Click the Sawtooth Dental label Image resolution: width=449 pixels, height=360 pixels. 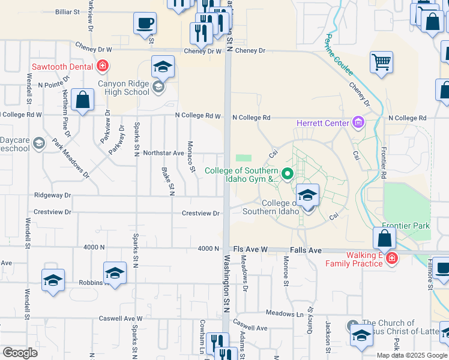(62, 66)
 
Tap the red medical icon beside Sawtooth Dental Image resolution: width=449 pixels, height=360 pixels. (103, 66)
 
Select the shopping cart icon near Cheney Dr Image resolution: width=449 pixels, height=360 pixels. (382, 62)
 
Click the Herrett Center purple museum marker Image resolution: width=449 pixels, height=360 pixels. (358, 124)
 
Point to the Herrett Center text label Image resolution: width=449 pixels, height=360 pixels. (322, 124)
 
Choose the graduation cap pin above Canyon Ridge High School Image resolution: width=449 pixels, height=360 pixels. (163, 68)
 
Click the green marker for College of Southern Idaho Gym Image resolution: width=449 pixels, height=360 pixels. (287, 175)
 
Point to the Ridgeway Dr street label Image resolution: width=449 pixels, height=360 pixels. (53, 195)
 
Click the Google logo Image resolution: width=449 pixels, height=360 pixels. (20, 353)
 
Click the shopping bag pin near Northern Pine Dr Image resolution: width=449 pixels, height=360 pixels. (82, 101)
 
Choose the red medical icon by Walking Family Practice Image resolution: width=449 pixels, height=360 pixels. (391, 259)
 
